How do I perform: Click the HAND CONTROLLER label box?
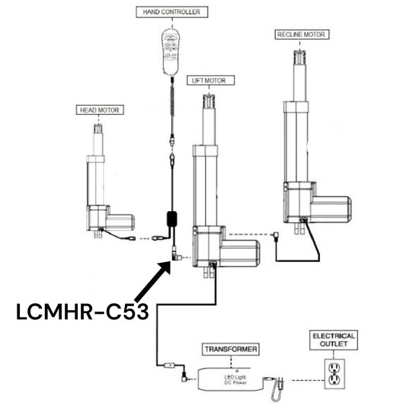(x=172, y=12)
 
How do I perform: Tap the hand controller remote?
(x=171, y=52)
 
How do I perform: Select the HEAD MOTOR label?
(x=100, y=110)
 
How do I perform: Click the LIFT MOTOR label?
(x=210, y=81)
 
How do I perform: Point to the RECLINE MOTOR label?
(x=302, y=34)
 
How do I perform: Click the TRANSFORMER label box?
(x=231, y=350)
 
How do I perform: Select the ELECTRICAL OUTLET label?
(x=334, y=340)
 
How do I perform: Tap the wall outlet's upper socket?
(x=334, y=368)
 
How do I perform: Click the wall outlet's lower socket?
(x=334, y=380)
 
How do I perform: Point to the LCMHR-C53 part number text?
(x=82, y=312)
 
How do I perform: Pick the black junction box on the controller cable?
(x=172, y=219)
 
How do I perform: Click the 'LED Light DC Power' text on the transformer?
(x=235, y=380)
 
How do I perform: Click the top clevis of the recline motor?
(x=300, y=56)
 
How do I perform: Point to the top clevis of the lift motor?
(x=209, y=101)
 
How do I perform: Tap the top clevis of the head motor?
(x=98, y=129)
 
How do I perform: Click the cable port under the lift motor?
(x=213, y=264)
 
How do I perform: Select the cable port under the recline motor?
(x=303, y=220)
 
